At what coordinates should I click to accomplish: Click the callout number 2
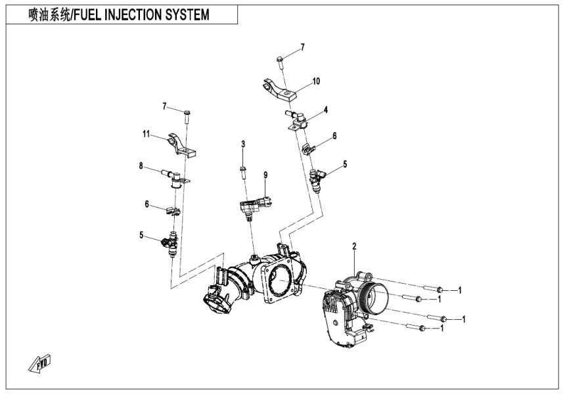pyautogui.click(x=354, y=247)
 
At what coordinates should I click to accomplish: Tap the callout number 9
pyautogui.click(x=266, y=175)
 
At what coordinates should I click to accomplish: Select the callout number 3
pyautogui.click(x=242, y=144)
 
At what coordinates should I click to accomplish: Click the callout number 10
pyautogui.click(x=316, y=81)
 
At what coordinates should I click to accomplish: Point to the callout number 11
pyautogui.click(x=147, y=134)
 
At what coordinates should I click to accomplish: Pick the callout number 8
pyautogui.click(x=141, y=167)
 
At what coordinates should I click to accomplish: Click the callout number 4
pyautogui.click(x=325, y=110)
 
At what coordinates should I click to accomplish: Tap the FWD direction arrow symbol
pyautogui.click(x=40, y=362)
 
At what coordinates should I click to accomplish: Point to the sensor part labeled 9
pyautogui.click(x=251, y=206)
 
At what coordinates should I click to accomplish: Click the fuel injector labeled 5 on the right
pyautogui.click(x=319, y=179)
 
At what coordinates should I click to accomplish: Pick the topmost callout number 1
pyautogui.click(x=461, y=290)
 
